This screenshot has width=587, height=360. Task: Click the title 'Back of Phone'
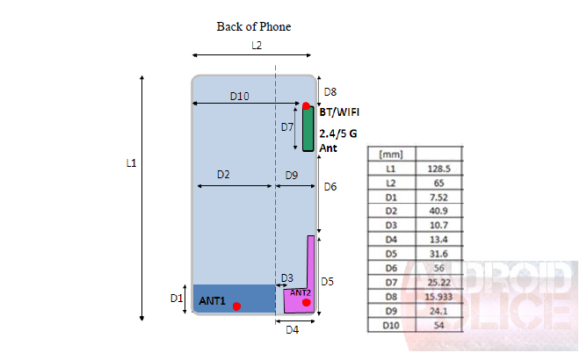(253, 26)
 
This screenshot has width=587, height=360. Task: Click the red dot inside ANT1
(236, 306)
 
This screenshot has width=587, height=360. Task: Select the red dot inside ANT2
(306, 303)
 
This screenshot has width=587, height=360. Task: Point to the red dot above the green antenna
(306, 106)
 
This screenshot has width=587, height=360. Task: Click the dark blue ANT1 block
(234, 298)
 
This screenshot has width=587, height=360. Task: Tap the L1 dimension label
(131, 163)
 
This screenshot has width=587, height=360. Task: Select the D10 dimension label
(239, 96)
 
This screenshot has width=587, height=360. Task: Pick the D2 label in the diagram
(223, 175)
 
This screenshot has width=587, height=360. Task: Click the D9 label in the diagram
(292, 175)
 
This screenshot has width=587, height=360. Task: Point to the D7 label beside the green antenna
(287, 127)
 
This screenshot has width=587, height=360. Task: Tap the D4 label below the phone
(292, 330)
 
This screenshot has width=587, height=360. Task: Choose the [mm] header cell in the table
(390, 154)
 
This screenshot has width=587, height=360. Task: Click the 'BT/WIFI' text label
(339, 112)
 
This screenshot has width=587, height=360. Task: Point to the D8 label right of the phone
(330, 91)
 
